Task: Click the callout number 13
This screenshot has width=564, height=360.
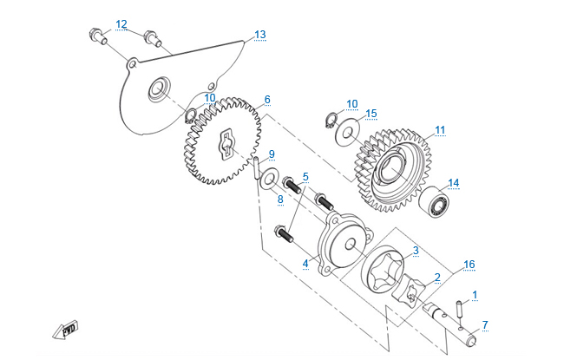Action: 259,35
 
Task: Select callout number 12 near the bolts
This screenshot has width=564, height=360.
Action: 121,23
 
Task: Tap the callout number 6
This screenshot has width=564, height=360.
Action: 267,100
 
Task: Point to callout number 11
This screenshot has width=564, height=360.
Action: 440,130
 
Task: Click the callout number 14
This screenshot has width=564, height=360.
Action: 453,183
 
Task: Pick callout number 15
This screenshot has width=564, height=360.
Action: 371,114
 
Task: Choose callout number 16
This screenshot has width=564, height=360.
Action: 469,264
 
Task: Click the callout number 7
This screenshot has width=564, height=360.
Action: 485,325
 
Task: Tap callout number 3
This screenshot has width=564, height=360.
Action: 416,251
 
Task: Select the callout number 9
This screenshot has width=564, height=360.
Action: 272,154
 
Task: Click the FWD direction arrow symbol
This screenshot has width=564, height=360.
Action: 65,330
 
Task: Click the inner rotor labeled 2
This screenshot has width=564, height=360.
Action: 408,291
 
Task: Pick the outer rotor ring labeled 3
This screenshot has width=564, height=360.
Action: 382,269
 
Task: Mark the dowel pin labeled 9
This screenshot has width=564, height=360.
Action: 257,168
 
